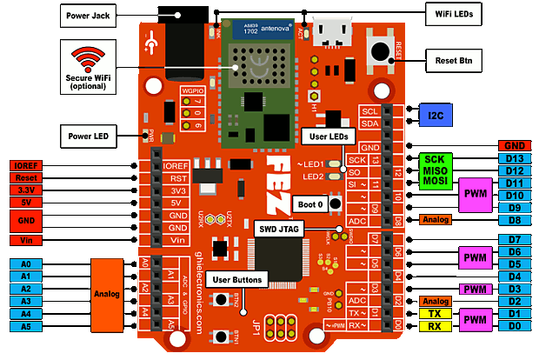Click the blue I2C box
click(x=436, y=116)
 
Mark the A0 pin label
click(x=26, y=263)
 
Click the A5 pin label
click(x=26, y=326)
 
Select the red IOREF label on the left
click(x=26, y=165)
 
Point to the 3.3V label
click(x=26, y=190)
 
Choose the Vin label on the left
click(x=26, y=240)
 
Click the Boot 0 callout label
click(x=310, y=203)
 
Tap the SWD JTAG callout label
click(x=278, y=229)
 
